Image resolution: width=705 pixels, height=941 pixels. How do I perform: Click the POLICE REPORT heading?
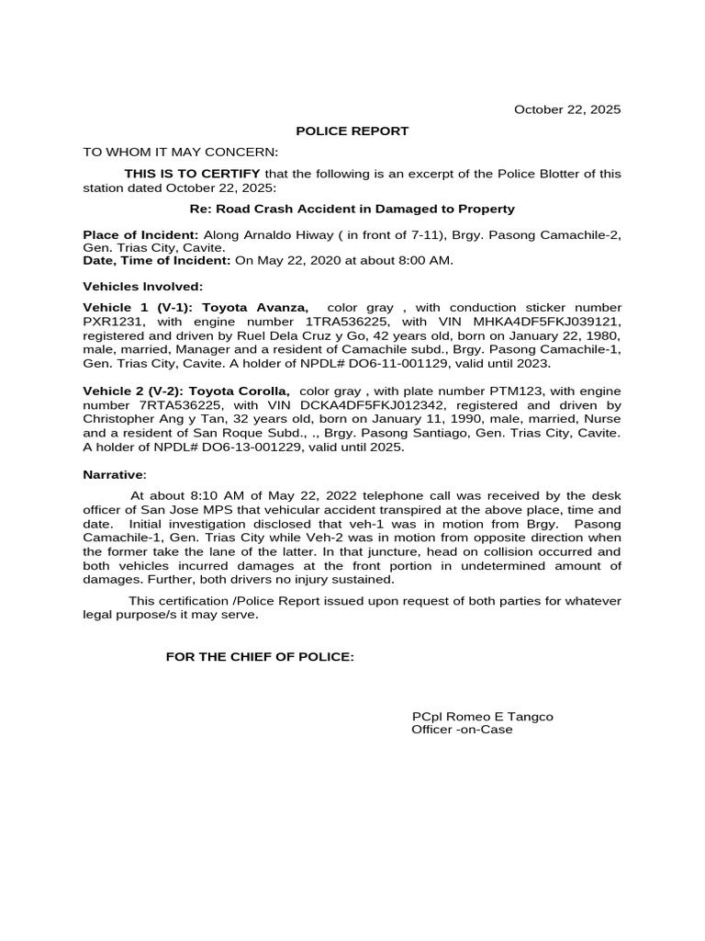pyautogui.click(x=352, y=131)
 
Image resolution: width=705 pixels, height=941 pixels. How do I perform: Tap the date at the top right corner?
pyautogui.click(x=566, y=109)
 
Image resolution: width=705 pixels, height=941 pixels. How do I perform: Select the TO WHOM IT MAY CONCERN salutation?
pyautogui.click(x=180, y=153)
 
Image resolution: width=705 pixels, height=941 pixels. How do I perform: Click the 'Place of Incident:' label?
pyautogui.click(x=140, y=235)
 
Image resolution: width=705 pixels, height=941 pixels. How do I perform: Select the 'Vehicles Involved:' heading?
pyautogui.click(x=143, y=287)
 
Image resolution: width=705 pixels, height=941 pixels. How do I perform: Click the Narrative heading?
pyautogui.click(x=114, y=475)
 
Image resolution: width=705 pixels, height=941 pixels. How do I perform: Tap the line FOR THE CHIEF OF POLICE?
pyautogui.click(x=259, y=657)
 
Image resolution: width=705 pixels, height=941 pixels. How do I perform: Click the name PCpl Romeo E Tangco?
pyautogui.click(x=482, y=717)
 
